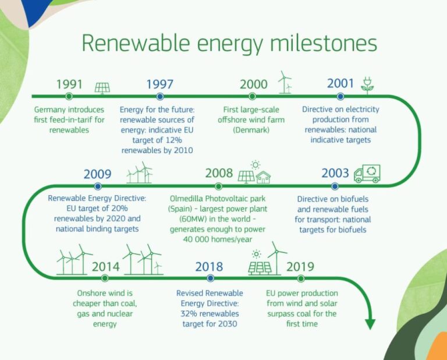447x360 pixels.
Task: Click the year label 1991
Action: pos(70,84)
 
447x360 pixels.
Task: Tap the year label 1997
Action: pos(159,84)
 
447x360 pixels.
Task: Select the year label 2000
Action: pos(254,84)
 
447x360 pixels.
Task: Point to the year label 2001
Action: pos(340,83)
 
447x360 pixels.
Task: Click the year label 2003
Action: pos(335,174)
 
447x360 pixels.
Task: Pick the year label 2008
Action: pos(219,174)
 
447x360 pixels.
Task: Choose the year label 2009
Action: pos(98,174)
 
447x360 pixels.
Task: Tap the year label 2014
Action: pos(105,267)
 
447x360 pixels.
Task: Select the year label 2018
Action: pos(209,267)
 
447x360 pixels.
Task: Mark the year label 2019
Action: pos(300,267)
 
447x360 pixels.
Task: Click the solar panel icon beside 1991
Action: pos(103,87)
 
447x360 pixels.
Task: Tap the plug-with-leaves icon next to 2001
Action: pos(367,84)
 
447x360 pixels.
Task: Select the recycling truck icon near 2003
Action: pos(367,172)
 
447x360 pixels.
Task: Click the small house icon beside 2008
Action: pos(263,177)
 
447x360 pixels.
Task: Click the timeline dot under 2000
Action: pos(252,96)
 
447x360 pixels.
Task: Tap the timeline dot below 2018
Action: pos(210,278)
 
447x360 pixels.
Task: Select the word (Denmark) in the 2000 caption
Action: pos(251,130)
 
